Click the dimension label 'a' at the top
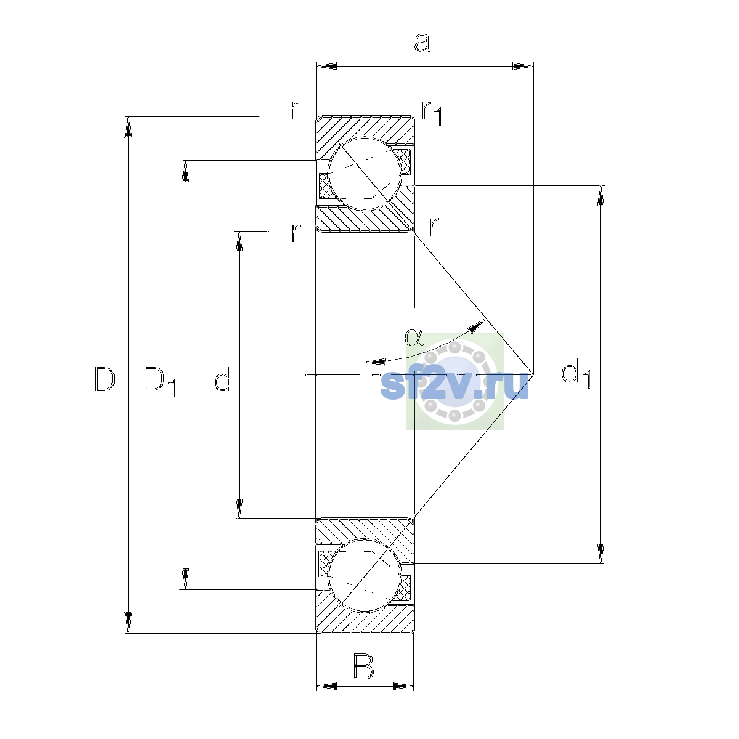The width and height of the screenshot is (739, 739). tap(422, 42)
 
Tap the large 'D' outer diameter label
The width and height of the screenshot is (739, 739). tap(105, 379)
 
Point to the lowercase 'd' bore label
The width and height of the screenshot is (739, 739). tap(222, 379)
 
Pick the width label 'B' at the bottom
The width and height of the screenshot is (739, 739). tap(363, 667)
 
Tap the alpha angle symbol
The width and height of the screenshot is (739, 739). tap(414, 337)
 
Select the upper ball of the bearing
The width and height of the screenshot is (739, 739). tap(365, 174)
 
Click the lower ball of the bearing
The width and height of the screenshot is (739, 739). tap(365, 576)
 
